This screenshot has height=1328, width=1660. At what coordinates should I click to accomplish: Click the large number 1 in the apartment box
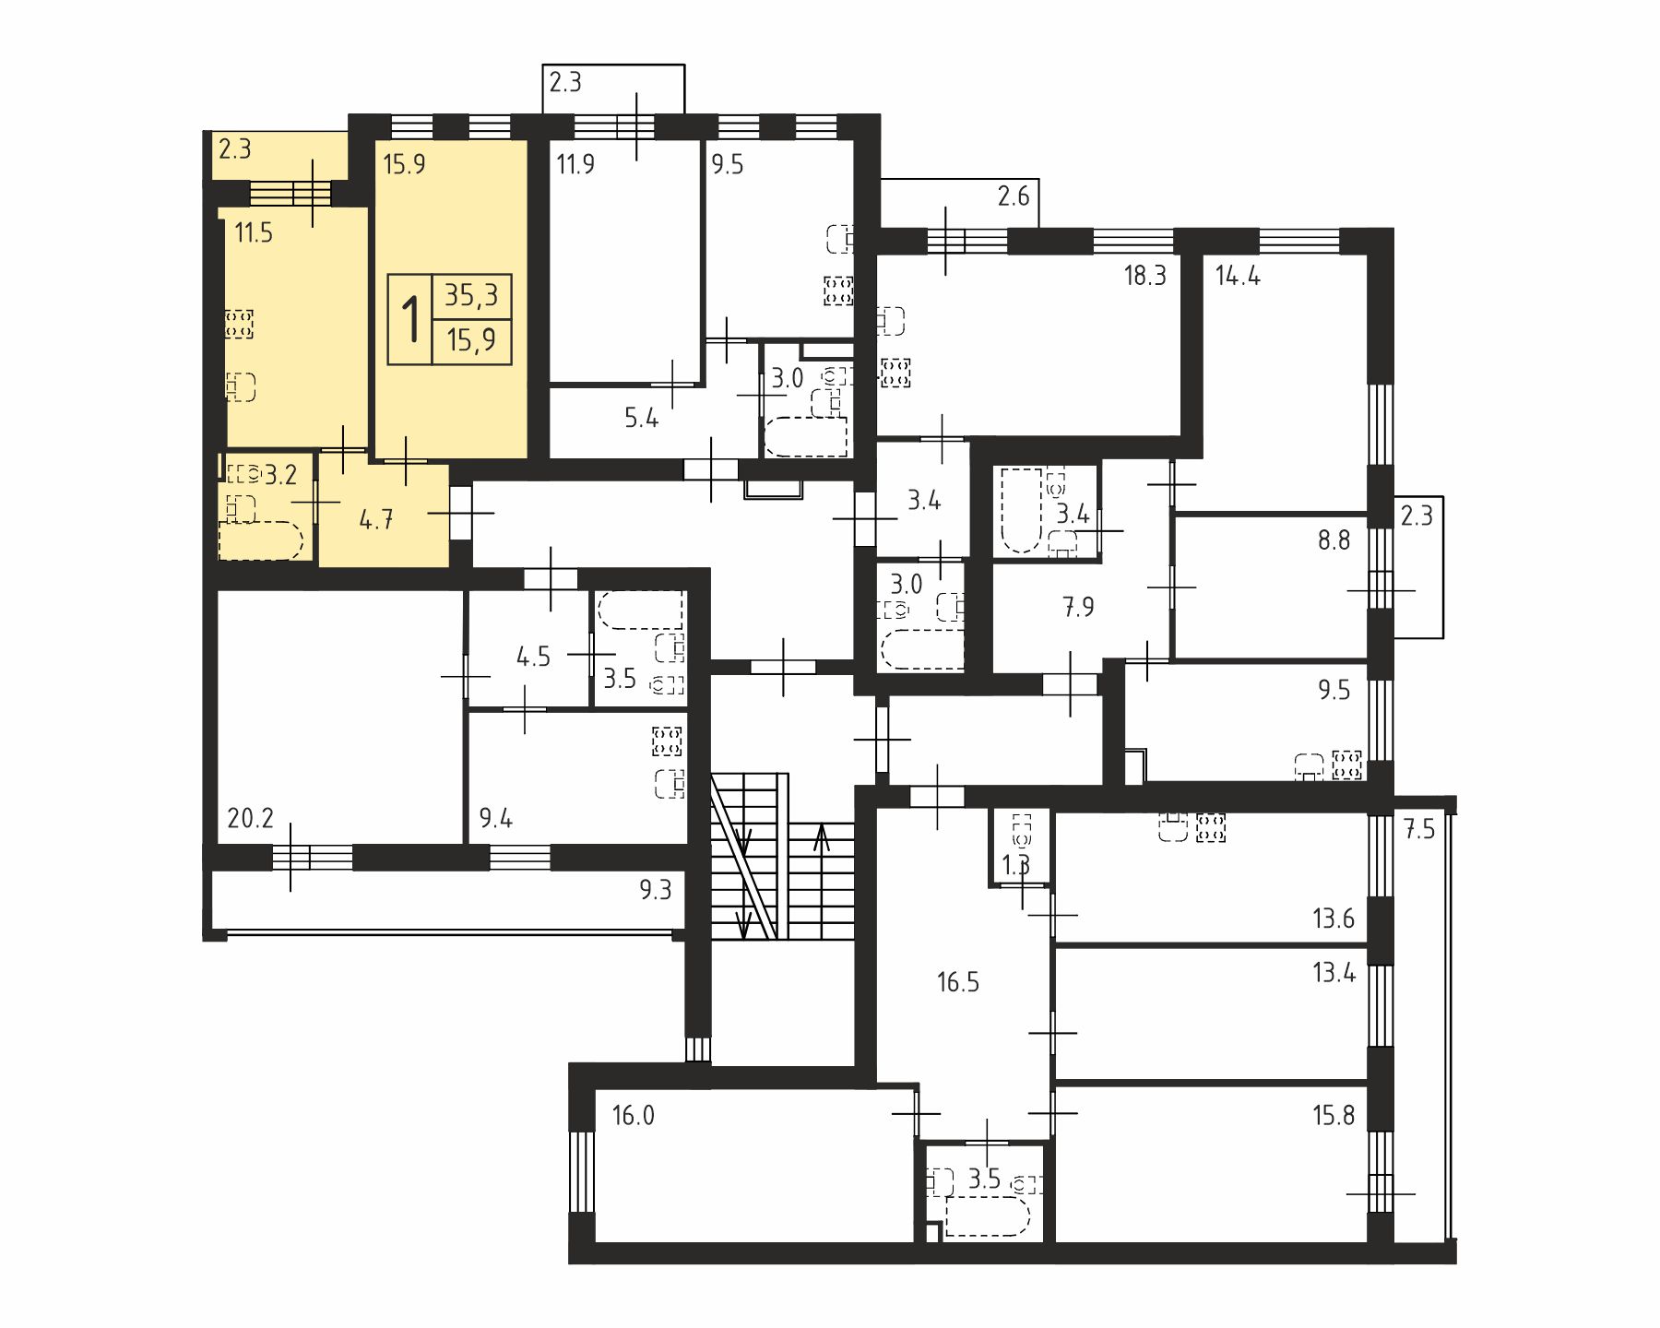tap(410, 319)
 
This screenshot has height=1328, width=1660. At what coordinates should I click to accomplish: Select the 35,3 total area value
tap(471, 295)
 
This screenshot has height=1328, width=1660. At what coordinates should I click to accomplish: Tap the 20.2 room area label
tap(250, 818)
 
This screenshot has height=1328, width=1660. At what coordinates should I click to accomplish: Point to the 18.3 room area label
tap(1145, 276)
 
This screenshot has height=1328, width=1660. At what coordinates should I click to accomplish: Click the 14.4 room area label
tap(1238, 276)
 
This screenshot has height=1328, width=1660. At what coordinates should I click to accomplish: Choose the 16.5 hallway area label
tap(958, 982)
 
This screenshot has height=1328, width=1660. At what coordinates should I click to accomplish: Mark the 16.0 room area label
tap(634, 1116)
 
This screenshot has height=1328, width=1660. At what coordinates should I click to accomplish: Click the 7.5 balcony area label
tap(1420, 829)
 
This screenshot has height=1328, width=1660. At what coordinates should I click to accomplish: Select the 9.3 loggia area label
tap(655, 891)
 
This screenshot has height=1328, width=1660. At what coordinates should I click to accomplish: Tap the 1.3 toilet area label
tap(1015, 864)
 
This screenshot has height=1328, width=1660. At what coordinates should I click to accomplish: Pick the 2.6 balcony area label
tap(1014, 196)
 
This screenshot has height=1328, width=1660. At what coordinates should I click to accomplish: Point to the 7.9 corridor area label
tap(1078, 608)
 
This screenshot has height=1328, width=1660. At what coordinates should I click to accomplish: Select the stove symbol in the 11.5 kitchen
tap(239, 324)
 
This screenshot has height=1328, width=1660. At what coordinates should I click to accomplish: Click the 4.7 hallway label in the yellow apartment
tap(376, 519)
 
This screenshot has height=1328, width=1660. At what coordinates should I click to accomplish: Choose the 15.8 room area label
tap(1334, 1116)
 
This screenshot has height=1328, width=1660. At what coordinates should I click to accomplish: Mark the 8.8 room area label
tap(1334, 540)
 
